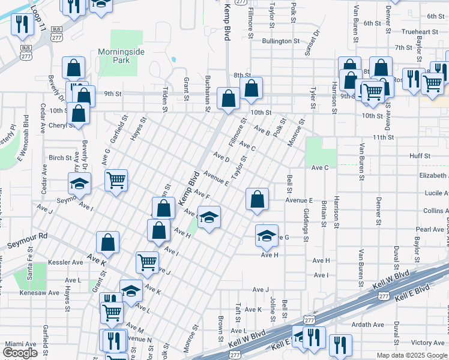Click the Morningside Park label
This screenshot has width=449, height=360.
121,56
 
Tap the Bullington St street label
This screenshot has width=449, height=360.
280,41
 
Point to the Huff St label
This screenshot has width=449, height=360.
420,156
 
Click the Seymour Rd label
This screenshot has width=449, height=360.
26,241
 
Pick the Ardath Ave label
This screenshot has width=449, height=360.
368,325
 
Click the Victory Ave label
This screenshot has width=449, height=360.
428,343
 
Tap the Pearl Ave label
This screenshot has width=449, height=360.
430,229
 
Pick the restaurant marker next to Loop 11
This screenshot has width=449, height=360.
22,25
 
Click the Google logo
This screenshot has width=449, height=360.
20,352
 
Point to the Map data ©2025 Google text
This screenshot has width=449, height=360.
411,355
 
